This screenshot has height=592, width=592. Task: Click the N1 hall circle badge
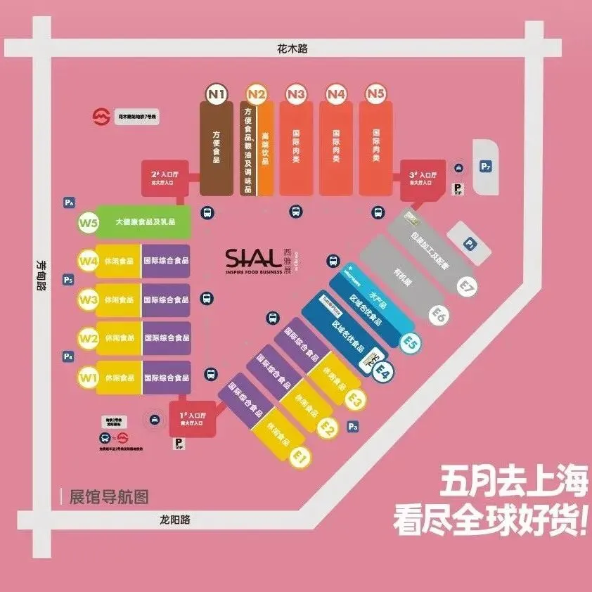coord(217,94)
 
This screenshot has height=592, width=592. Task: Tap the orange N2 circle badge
coord(257,94)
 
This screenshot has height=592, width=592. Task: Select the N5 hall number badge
coord(376,94)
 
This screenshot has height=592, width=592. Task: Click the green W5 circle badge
coord(88,224)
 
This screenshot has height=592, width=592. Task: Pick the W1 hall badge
coord(88,378)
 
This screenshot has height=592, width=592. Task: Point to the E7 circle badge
coord(466,285)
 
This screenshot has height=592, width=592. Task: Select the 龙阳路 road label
coord(174,520)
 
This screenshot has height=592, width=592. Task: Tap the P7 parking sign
coord(486,167)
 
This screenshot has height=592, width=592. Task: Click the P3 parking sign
coord(353,427)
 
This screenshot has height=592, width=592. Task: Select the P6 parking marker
coord(69,203)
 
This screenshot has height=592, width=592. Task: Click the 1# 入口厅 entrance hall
coord(191,419)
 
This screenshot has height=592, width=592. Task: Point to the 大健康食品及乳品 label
coord(145,222)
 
